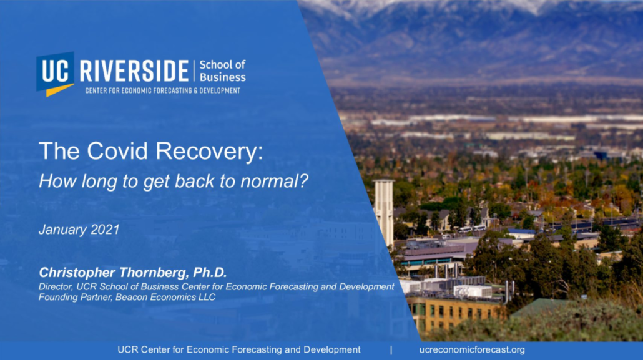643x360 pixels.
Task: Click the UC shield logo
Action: (55, 74)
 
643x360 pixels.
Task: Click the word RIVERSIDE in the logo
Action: (134, 71)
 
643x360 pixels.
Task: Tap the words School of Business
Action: (222, 71)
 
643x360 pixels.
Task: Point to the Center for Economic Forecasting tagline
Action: (163, 90)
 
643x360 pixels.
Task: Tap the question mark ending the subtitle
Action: (303, 181)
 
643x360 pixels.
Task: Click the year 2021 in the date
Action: (105, 230)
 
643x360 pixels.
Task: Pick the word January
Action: (63, 230)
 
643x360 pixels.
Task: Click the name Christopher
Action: (77, 273)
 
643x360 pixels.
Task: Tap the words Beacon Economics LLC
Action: (165, 297)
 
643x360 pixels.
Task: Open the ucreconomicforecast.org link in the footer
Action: (472, 350)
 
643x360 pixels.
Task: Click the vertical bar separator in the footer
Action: (391, 350)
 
